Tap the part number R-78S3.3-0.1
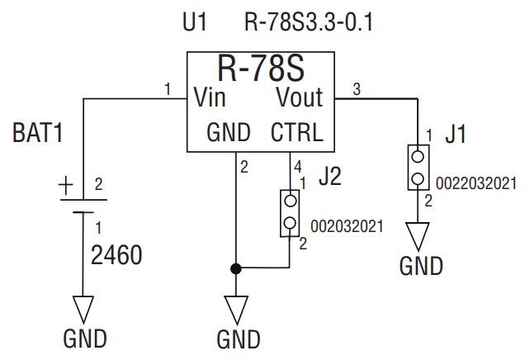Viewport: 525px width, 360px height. [x=309, y=22]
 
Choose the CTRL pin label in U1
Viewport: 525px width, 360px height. [x=296, y=133]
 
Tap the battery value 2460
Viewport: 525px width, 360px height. [x=116, y=255]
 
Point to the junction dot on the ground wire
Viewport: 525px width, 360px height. [x=236, y=268]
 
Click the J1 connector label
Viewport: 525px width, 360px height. [x=455, y=135]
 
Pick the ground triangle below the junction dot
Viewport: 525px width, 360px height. [x=236, y=310]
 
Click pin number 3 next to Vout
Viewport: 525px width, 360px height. [x=356, y=88]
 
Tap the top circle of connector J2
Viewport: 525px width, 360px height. [x=290, y=201]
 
